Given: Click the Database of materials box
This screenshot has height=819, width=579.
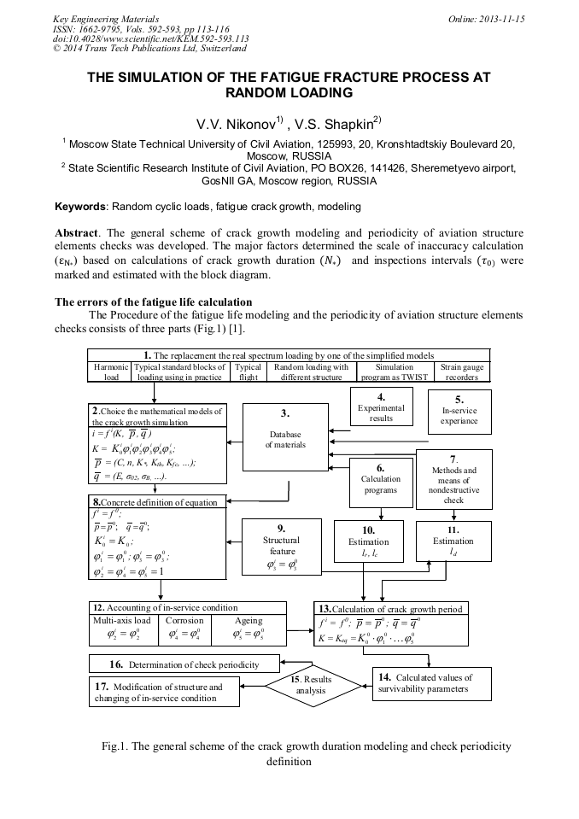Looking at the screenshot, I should [x=285, y=438].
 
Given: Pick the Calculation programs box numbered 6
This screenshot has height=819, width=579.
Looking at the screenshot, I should [x=380, y=479].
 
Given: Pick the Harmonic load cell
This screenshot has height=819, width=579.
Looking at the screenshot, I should [x=111, y=371].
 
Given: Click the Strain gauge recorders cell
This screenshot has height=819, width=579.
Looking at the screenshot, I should [x=462, y=371].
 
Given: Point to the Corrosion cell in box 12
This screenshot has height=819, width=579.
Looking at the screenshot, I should [x=184, y=629].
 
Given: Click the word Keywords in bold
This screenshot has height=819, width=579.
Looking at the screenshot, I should [x=81, y=207].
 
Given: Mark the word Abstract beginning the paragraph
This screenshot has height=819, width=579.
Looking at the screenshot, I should [x=78, y=232].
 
